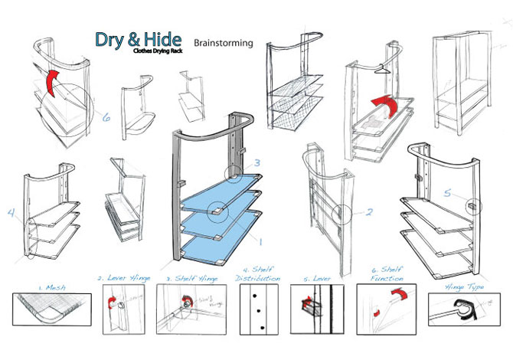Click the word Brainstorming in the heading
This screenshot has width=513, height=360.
223,43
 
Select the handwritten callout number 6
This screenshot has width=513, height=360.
106,117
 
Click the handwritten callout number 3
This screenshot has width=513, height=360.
258,162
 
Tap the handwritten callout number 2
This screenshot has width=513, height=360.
368,212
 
